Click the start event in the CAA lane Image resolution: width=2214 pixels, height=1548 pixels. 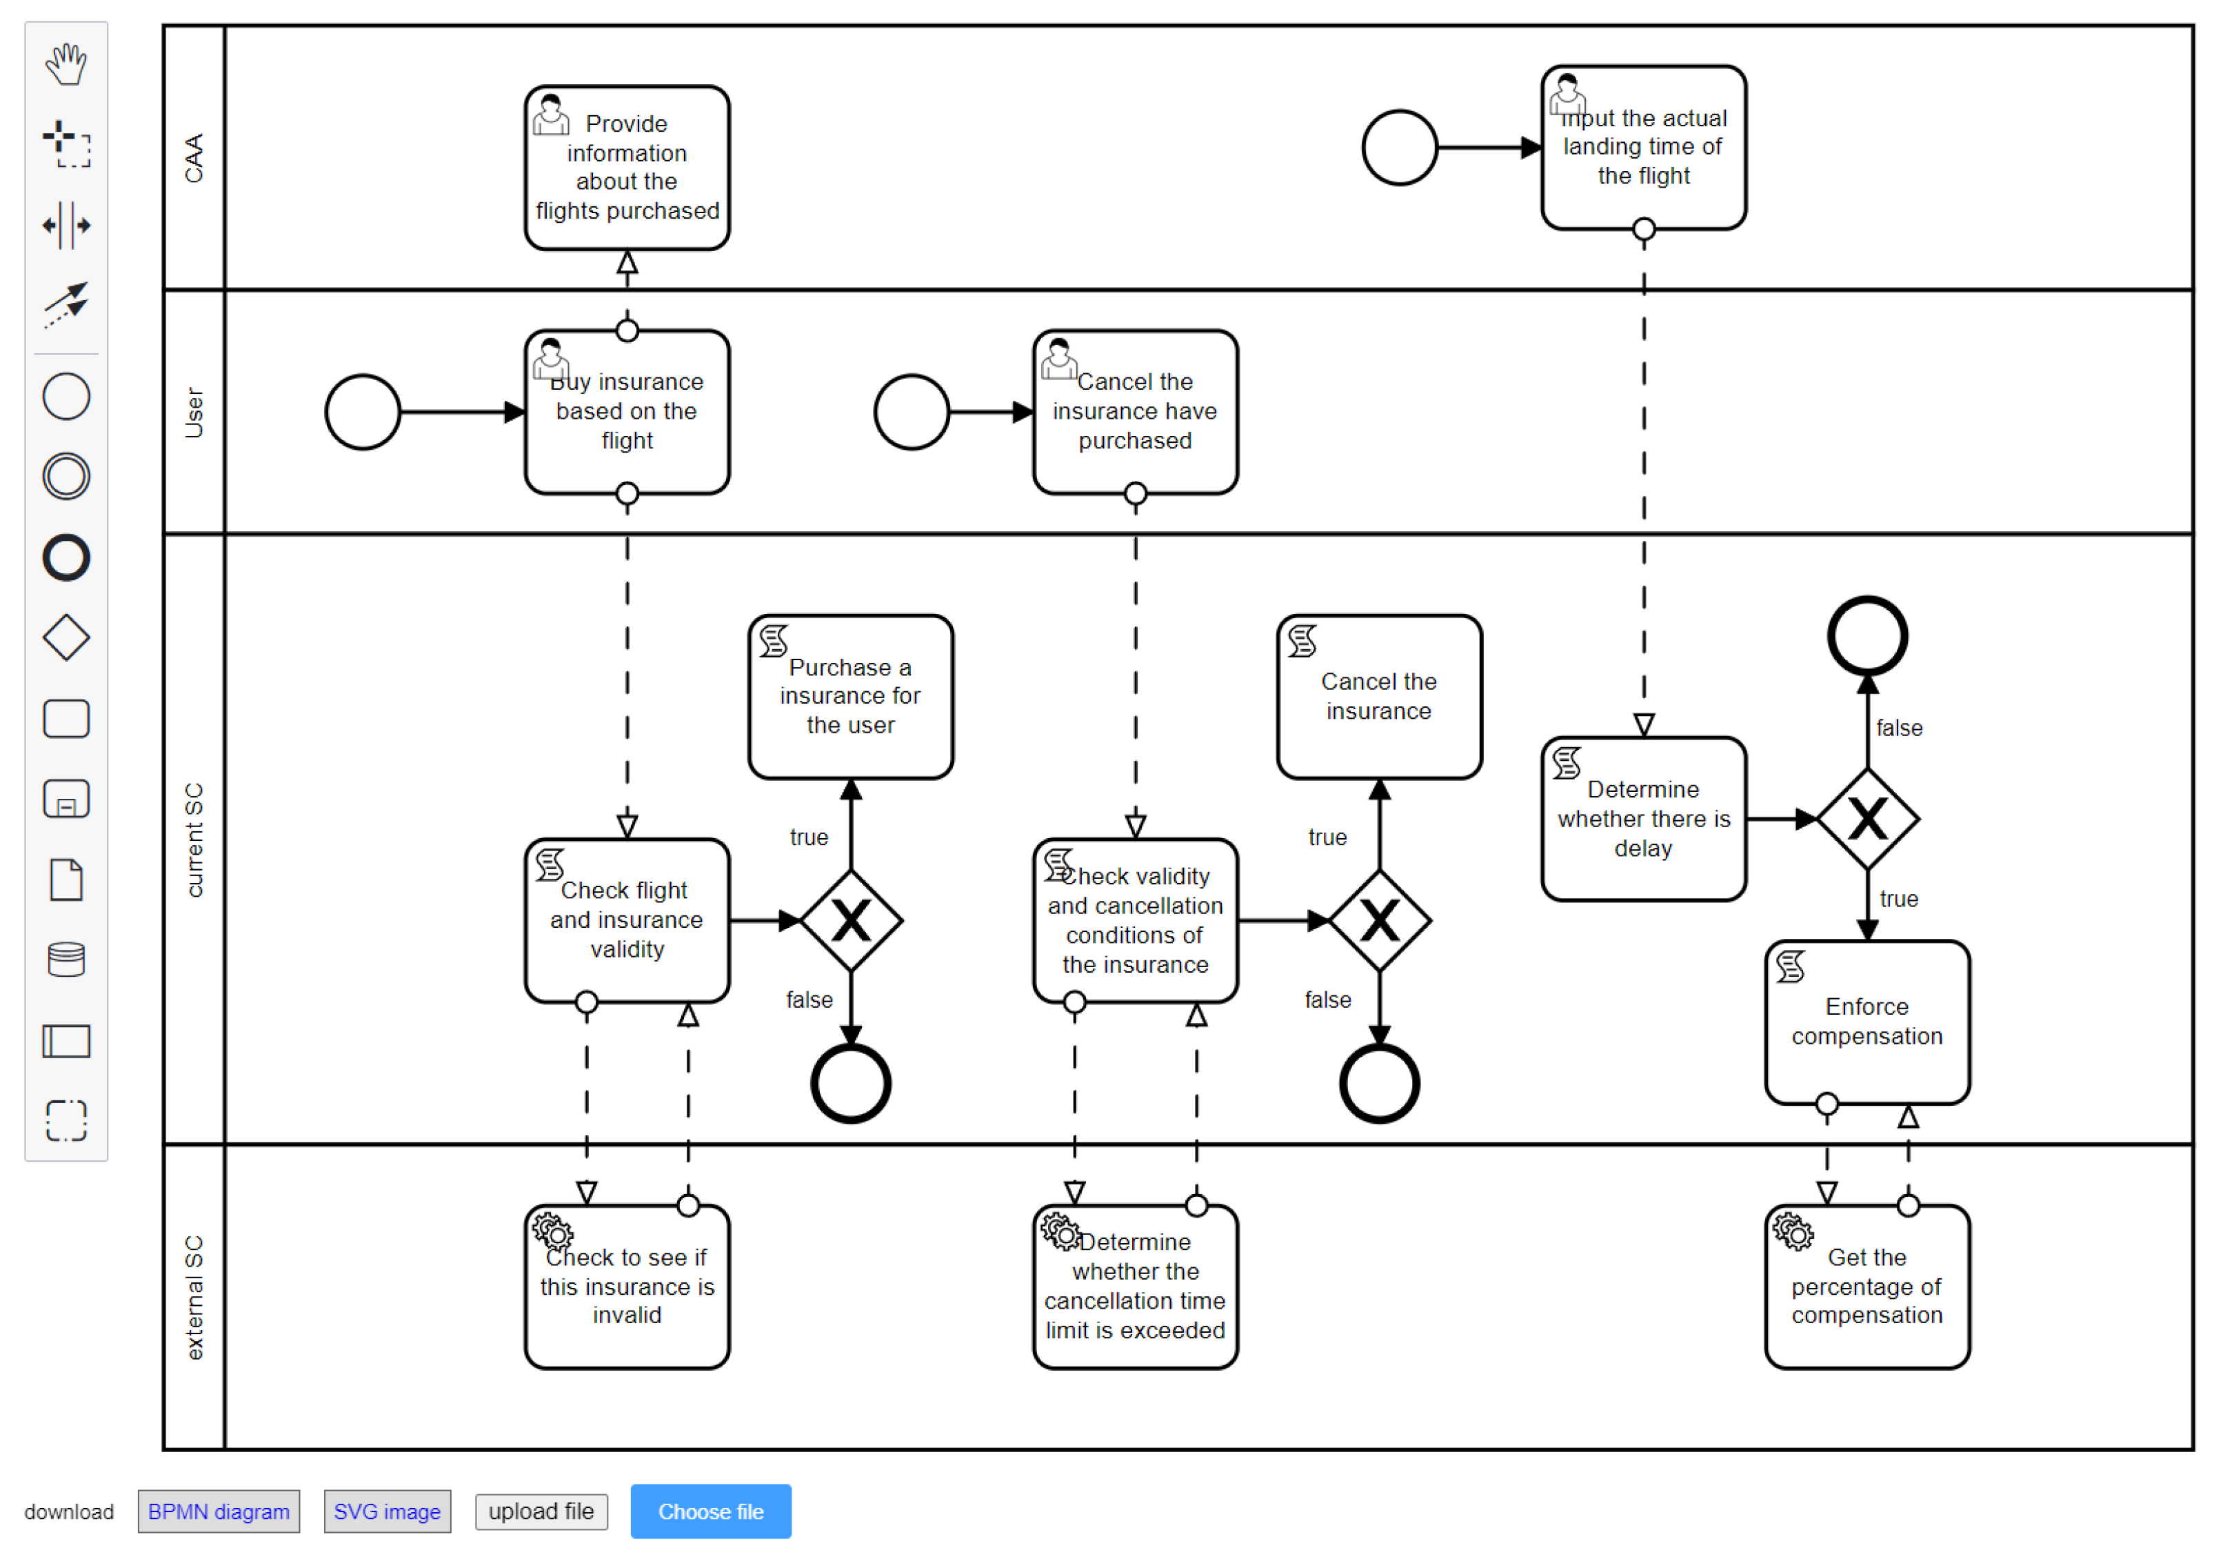click(1399, 148)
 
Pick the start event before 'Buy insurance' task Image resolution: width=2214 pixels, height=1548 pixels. click(363, 413)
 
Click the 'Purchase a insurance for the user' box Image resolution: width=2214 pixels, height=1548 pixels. click(849, 696)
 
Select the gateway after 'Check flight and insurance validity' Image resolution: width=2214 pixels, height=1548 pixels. click(850, 921)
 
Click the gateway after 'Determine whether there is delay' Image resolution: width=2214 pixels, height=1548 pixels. click(1867, 819)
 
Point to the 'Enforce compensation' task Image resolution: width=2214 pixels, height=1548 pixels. click(1867, 1022)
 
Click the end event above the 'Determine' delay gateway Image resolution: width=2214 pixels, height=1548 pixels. click(1867, 637)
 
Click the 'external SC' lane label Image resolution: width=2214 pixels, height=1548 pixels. click(194, 1297)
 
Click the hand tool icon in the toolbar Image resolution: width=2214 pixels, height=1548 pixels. click(66, 65)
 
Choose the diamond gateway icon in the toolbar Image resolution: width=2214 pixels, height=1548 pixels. click(66, 637)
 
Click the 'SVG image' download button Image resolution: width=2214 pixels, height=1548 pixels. click(387, 1511)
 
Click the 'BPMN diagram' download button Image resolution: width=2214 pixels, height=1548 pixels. click(218, 1511)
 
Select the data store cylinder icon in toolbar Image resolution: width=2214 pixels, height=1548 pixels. click(66, 960)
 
